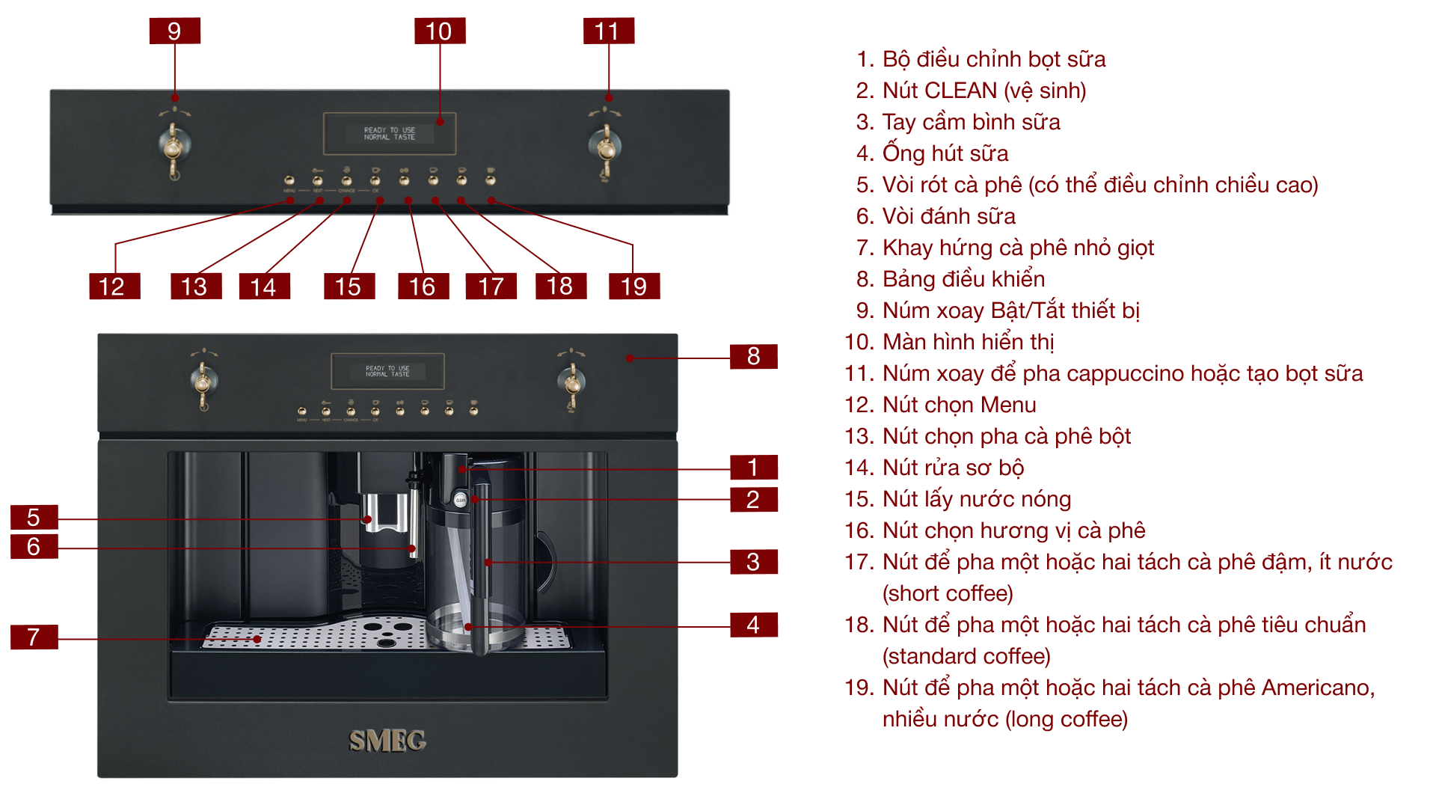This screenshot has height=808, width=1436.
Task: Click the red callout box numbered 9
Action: (174, 31)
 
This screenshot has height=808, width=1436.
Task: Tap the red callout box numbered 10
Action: (440, 31)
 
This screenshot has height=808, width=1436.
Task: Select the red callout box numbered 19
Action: (633, 286)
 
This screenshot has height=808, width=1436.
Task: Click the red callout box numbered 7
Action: (34, 637)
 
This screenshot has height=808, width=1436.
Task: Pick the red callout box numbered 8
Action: (753, 356)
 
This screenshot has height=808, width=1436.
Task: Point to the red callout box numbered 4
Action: (753, 624)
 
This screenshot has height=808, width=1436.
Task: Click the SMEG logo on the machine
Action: (387, 741)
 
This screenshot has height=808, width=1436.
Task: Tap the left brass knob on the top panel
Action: (174, 146)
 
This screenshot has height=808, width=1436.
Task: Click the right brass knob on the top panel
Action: (605, 146)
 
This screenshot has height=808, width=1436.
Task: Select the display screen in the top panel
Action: (390, 133)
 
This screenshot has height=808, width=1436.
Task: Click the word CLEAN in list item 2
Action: (960, 91)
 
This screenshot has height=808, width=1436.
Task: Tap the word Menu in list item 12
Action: (1007, 405)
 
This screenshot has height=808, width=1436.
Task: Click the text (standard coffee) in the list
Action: (966, 656)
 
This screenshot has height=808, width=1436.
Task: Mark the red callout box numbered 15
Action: (349, 286)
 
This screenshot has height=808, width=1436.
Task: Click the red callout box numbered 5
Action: (34, 517)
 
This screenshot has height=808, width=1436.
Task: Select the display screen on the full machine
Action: (387, 371)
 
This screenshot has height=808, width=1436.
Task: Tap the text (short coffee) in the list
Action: (948, 593)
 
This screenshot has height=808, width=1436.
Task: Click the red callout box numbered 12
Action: (114, 286)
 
